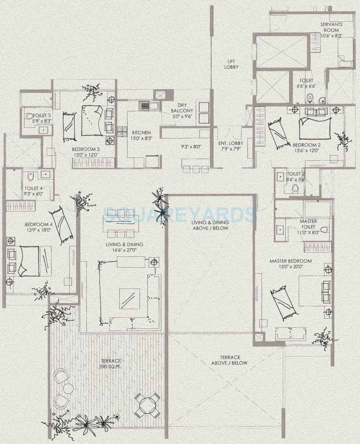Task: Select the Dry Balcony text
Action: click(x=182, y=108)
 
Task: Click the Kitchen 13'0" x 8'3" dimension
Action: click(x=141, y=139)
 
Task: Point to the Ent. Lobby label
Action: click(x=231, y=143)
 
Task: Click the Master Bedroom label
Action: click(x=291, y=261)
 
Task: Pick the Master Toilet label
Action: click(x=308, y=224)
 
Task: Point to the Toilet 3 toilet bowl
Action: click(x=29, y=116)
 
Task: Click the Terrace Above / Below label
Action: click(x=230, y=360)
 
